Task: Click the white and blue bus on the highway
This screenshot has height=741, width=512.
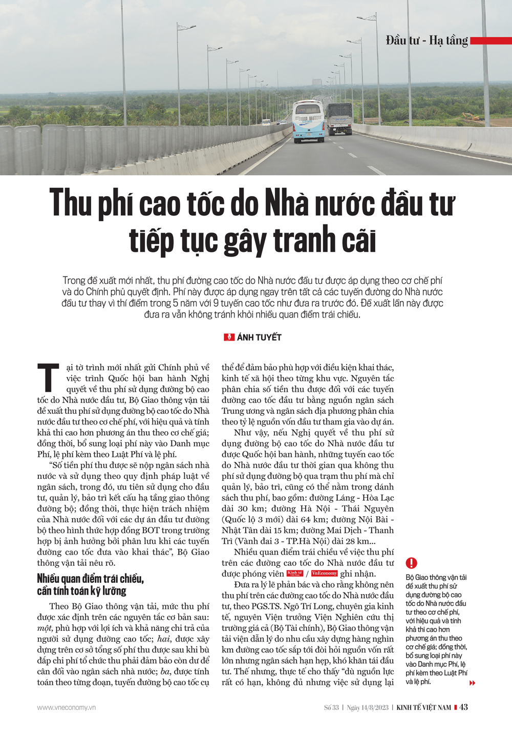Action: coord(308,121)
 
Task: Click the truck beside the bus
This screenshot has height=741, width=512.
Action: coord(340,119)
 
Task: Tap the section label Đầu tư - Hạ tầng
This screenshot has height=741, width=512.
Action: coord(426,40)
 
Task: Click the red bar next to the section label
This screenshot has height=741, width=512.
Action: coord(490,40)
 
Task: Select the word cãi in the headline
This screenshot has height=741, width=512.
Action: coord(357,240)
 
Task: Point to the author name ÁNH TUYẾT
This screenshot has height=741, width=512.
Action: coord(259,337)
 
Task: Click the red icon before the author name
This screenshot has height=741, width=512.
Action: coord(229,337)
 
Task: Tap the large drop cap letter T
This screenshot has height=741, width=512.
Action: coord(48,377)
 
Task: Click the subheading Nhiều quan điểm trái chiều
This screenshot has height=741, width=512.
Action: coord(90,579)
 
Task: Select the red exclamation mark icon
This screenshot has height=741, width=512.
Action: coord(411,563)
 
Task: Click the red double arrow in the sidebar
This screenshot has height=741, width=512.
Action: coord(472,683)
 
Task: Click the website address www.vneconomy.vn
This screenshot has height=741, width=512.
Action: coord(66,707)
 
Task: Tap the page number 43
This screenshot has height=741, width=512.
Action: coord(463,707)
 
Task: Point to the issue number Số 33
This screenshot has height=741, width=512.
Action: coord(331,708)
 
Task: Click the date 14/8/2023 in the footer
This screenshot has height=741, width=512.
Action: coord(374,708)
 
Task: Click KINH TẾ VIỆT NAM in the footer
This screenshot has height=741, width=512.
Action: coord(424,708)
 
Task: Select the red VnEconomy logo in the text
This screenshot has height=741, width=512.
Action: coord(324,574)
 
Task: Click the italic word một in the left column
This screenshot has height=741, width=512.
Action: coord(44,628)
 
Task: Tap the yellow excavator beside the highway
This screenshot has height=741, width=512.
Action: coord(471,117)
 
